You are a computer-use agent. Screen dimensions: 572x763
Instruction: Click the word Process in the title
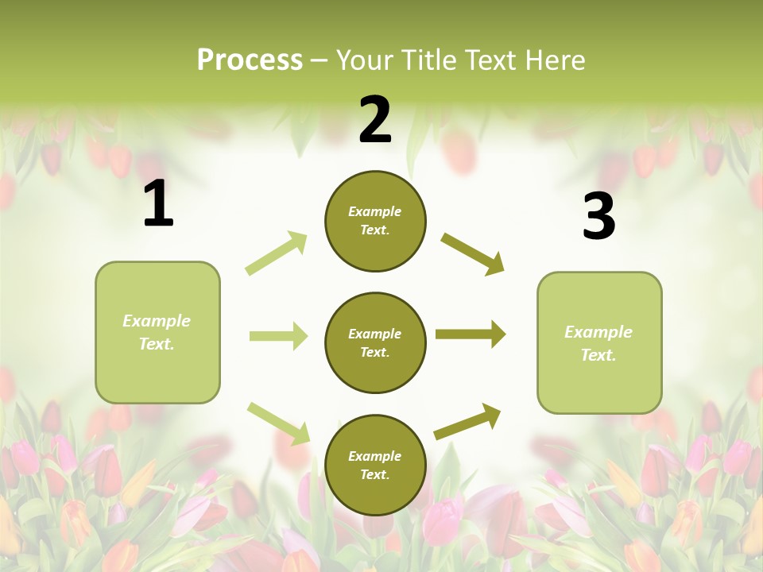(250, 60)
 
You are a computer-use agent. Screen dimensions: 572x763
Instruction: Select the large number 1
(158, 204)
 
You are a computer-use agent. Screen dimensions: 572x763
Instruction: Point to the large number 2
(375, 120)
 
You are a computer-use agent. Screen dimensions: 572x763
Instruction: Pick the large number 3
(598, 216)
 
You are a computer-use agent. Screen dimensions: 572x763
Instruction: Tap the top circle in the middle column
(375, 221)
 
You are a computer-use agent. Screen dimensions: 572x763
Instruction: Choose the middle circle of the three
(375, 342)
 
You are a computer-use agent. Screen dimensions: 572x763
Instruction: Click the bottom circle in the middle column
(375, 465)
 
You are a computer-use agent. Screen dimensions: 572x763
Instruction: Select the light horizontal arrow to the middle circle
(278, 336)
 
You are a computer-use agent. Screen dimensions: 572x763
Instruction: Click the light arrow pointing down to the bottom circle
(278, 423)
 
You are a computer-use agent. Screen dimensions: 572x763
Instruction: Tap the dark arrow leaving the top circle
(473, 254)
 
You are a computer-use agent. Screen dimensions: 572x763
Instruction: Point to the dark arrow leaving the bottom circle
(467, 421)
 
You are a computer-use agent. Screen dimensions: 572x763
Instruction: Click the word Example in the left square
(157, 321)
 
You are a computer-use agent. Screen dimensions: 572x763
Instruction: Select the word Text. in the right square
(598, 355)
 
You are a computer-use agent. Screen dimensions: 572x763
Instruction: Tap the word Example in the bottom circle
(375, 456)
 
